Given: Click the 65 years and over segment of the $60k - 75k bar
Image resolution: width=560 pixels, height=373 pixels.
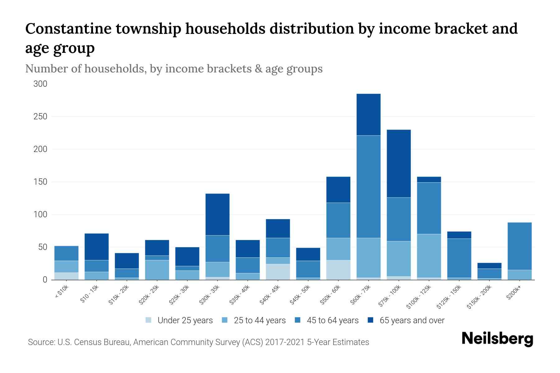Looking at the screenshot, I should point(368,114).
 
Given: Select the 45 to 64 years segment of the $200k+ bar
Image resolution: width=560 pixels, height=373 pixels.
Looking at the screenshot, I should point(519,246).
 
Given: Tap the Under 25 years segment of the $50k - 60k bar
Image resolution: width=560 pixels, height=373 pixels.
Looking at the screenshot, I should point(338,270).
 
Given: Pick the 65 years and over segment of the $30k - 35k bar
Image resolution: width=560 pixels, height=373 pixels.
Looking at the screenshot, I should point(217,214).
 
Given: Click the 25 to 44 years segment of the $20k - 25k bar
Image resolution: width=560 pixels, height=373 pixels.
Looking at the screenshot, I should point(157,270).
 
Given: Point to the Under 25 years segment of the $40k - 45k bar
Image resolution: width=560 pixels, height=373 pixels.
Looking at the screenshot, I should point(278,272).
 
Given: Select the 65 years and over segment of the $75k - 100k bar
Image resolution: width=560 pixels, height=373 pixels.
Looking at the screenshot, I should point(399,163).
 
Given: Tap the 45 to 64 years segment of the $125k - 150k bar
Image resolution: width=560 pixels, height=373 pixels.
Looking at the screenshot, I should point(459,258).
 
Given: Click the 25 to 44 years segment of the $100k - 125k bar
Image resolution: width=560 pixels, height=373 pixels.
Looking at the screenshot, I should point(429,256).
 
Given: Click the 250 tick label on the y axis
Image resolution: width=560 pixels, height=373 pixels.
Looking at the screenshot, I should point(40,117).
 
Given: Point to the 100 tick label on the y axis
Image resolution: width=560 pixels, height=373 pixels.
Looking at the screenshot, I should point(40,214).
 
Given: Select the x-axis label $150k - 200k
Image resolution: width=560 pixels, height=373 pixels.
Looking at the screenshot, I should point(479,297).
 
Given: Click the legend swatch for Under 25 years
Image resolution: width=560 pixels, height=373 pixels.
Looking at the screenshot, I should point(148,320).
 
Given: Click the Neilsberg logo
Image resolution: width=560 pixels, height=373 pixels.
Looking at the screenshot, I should point(497,338).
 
